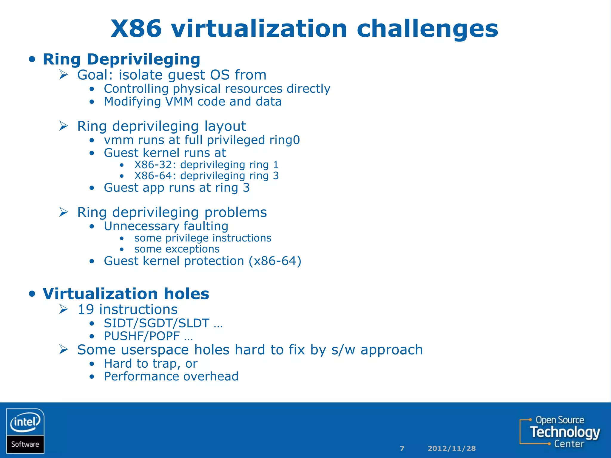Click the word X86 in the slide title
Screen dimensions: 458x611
[x=136, y=29]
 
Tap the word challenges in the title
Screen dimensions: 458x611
[x=427, y=29]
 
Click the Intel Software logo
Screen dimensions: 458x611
[x=25, y=431]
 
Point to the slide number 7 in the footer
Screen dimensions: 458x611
[x=402, y=448]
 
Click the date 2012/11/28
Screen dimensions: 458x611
[x=452, y=448]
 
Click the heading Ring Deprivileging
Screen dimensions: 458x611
[x=121, y=59]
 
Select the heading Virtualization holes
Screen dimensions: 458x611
[x=126, y=294]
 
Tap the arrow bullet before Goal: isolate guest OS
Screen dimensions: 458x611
[x=64, y=75]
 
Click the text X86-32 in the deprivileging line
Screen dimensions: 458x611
[x=152, y=165]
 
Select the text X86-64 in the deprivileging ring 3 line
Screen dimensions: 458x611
[x=152, y=176]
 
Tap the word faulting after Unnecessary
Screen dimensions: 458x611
[x=206, y=226]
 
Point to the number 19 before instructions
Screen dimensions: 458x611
[x=86, y=310]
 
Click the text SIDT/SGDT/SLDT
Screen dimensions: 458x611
[x=156, y=323]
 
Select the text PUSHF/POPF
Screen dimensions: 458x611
[x=142, y=336]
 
